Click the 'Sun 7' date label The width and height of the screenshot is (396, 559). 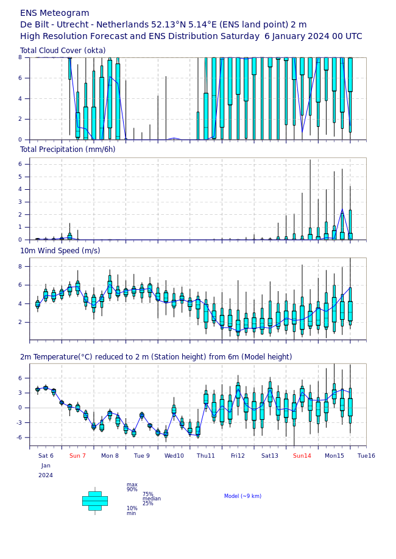coord(77,456)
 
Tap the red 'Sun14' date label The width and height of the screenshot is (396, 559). coord(302,456)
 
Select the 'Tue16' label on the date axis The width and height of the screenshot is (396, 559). coord(366,456)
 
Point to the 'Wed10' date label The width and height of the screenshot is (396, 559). coord(174,456)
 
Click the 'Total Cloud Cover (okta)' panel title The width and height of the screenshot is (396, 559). coord(63,50)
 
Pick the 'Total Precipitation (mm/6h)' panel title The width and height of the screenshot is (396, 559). coord(68,150)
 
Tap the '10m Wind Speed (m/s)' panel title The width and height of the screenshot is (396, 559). coord(60,251)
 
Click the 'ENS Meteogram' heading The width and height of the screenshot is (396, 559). coord(55,13)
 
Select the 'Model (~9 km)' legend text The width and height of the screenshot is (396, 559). coord(242,496)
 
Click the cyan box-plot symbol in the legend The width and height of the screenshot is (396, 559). coord(95,501)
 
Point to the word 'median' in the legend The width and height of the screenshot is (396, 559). coord(152,499)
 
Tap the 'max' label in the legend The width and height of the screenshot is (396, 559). coord(132,485)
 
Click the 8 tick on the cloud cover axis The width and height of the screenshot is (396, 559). coord(20,57)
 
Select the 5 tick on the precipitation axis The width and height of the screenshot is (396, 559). coord(20,177)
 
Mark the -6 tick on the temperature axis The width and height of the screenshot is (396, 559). coord(19,438)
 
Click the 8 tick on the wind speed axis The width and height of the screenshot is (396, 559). coord(20,267)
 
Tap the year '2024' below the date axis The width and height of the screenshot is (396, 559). coord(46,475)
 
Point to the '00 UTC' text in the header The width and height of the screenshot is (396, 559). coord(347,37)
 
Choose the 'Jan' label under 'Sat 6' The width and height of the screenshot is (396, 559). coord(46,466)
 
